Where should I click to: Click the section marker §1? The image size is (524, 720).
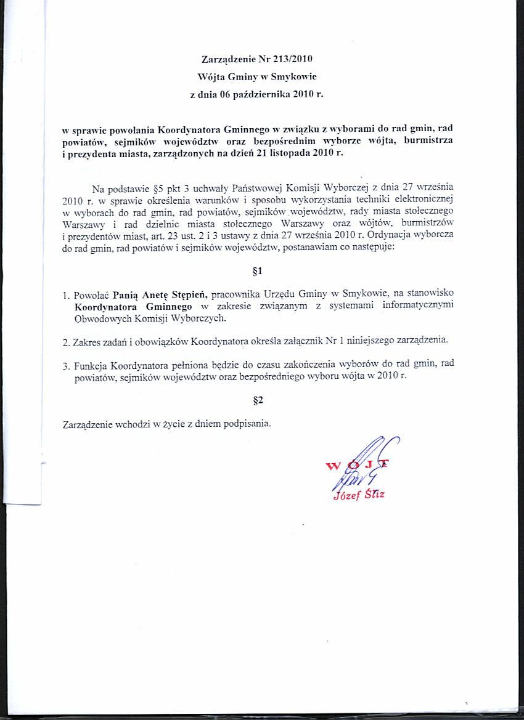click(258, 270)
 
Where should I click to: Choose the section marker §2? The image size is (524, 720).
click(258, 400)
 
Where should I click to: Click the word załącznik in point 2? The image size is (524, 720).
click(340, 339)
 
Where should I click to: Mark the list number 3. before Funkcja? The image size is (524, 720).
click(66, 365)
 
